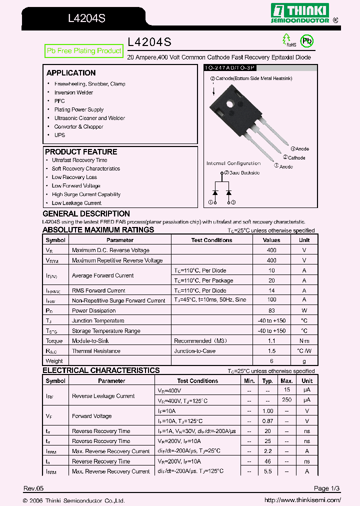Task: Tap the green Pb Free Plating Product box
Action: tap(84, 51)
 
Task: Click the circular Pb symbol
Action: tap(306, 41)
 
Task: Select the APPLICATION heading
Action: tap(71, 73)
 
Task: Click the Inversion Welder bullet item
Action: tap(73, 92)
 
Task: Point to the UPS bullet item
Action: tap(59, 135)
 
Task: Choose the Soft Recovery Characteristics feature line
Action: tap(85, 169)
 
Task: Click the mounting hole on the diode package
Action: tap(230, 104)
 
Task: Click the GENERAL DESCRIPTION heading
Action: tap(86, 214)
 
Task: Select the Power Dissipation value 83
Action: tap(271, 310)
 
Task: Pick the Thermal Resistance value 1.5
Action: tap(271, 351)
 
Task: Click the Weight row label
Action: tap(54, 361)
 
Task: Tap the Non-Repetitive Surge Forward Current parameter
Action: tap(118, 300)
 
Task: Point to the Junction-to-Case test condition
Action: tap(194, 351)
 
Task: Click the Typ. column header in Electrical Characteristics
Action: tap(267, 381)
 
